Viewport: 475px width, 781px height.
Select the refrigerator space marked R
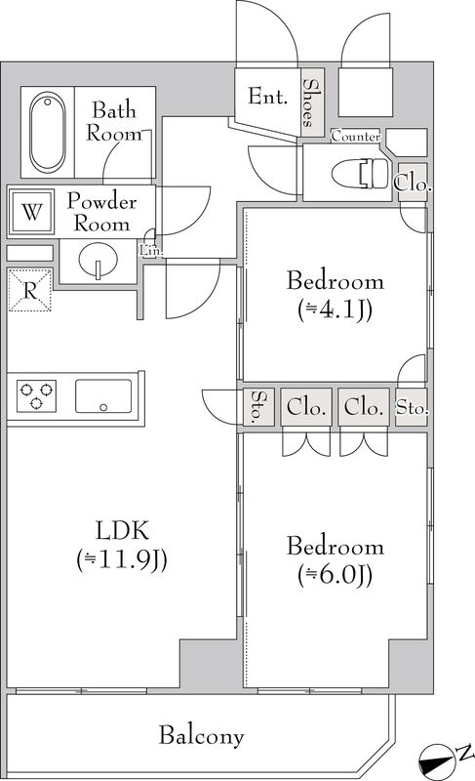29,290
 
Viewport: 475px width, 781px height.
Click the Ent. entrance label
267,97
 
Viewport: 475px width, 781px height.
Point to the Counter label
356,137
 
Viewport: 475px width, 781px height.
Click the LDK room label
121,532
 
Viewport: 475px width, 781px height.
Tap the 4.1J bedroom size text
335,310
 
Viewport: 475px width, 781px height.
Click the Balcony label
203,735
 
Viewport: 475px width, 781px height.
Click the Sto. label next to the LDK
257,408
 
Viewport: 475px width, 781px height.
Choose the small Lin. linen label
151,250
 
